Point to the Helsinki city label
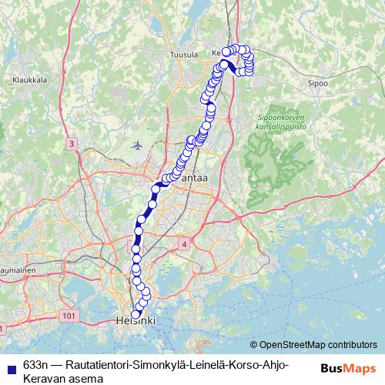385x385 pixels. [x=136, y=320]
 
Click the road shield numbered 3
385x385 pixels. [x=71, y=144]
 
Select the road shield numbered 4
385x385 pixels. [x=185, y=244]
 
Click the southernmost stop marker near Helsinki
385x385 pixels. [x=136, y=314]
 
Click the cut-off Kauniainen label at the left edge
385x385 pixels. [x=15, y=271]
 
